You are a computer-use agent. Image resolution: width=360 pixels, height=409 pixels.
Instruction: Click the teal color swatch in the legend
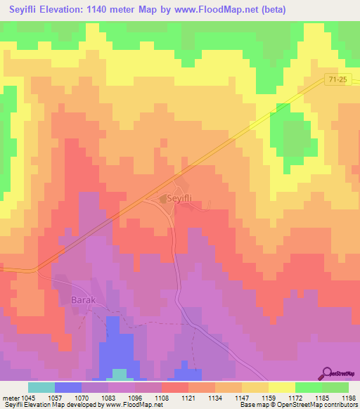pyautogui.click(x=41, y=387)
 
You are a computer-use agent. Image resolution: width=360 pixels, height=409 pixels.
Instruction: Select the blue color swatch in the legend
pyautogui.click(x=67, y=387)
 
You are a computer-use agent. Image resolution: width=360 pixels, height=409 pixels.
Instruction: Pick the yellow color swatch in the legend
pyautogui.click(x=281, y=387)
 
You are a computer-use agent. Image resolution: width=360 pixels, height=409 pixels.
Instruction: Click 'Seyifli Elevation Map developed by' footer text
pyautogui.click(x=46, y=405)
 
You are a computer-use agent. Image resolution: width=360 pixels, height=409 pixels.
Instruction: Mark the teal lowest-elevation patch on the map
pyautogui.click(x=120, y=373)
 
